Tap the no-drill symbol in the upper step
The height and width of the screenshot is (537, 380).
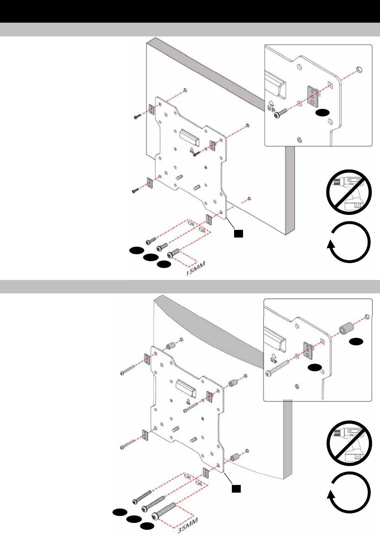point(349,192)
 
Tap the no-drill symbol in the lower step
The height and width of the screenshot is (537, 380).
point(349,443)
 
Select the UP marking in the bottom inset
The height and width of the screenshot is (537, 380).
point(273,357)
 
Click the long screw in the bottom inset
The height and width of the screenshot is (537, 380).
point(277,367)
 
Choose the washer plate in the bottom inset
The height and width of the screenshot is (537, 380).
point(308,351)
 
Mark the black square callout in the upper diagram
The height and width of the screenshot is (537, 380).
point(238,233)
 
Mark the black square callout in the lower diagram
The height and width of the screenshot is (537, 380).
point(236,489)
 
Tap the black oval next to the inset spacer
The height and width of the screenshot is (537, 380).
point(356,342)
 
